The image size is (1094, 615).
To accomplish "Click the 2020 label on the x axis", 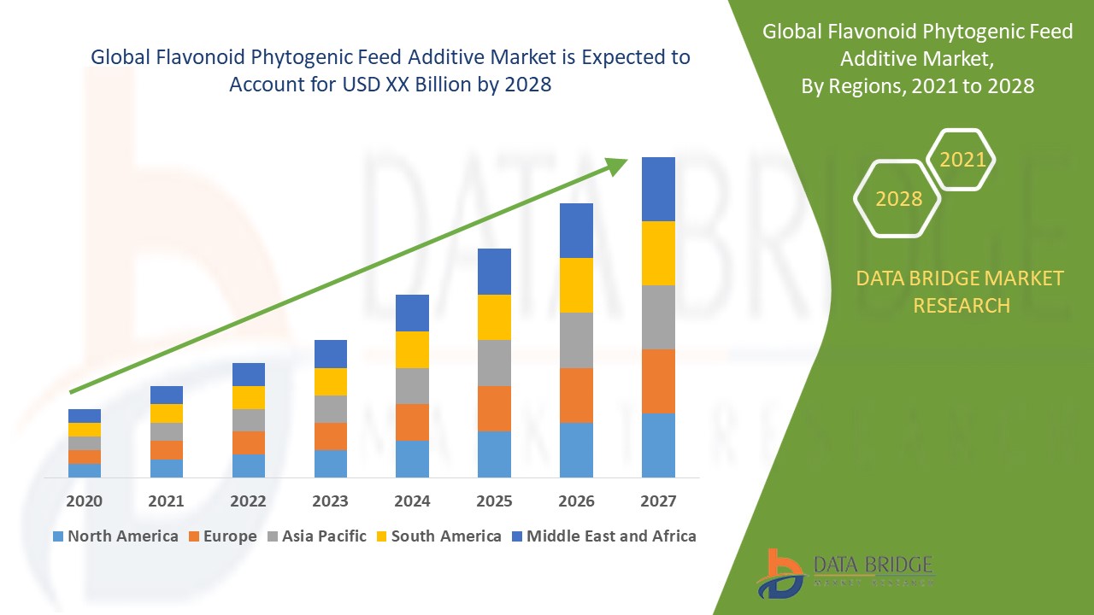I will click(84, 501).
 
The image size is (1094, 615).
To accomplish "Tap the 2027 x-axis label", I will click(658, 501).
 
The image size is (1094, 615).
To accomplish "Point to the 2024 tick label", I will click(412, 501).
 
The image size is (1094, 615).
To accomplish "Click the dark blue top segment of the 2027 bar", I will click(658, 189).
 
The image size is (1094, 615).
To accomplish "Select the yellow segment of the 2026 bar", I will click(576, 284).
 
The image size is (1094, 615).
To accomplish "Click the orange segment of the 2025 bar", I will click(494, 408).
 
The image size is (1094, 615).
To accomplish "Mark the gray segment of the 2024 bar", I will click(412, 385).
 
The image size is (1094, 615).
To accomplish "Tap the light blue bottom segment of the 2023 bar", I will click(330, 463).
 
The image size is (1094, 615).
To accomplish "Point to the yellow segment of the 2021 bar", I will click(166, 413).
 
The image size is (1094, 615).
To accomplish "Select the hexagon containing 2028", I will click(897, 198).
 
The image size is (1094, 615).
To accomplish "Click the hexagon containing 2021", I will click(962, 160).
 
